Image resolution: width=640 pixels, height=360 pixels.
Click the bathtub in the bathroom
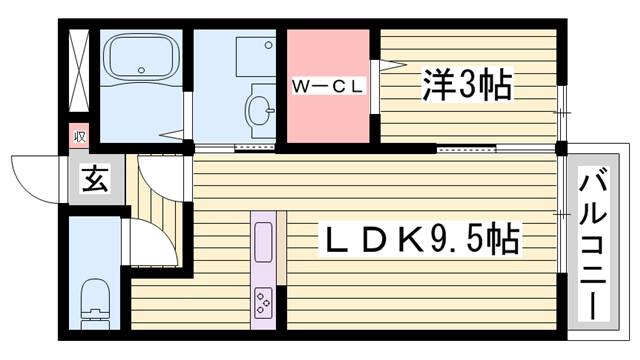(141, 58)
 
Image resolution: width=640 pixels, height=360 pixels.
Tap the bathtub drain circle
(141, 70)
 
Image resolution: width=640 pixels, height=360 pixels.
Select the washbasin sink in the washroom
(259, 109)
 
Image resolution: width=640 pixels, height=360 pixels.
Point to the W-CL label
(328, 87)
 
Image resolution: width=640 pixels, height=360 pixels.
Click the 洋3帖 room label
(467, 85)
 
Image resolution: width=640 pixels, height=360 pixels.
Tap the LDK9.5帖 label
(422, 239)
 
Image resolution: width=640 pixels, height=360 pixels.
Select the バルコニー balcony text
(593, 243)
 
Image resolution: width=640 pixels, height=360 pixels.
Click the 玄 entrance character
(96, 179)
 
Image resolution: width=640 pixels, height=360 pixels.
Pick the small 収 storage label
(79, 136)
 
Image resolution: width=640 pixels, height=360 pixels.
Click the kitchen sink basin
(263, 242)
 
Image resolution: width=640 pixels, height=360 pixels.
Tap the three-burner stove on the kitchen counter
(263, 303)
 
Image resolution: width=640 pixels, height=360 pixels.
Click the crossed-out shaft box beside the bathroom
(79, 70)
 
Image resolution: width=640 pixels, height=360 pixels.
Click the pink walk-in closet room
(328, 86)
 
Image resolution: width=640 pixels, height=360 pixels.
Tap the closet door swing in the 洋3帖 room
(393, 64)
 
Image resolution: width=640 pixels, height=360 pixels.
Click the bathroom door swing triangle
(172, 135)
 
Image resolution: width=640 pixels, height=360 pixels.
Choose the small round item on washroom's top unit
(268, 45)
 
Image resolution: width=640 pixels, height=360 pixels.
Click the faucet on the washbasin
(270, 109)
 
